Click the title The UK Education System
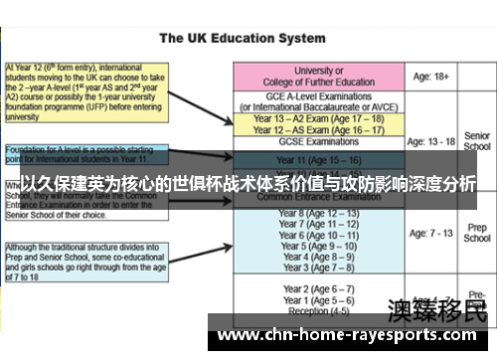click(x=248, y=39)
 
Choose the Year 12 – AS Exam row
click(x=320, y=129)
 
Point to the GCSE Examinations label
click(x=320, y=143)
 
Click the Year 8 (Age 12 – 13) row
click(x=320, y=213)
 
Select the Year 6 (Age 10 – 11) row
click(x=320, y=235)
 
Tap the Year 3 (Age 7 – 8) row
click(x=320, y=268)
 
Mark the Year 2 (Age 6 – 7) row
click(x=320, y=289)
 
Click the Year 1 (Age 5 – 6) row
click(x=320, y=300)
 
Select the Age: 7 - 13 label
click(x=433, y=234)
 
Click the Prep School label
click(x=477, y=233)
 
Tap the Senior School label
click(x=477, y=141)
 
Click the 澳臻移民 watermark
click(x=437, y=309)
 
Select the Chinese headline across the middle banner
click(x=248, y=185)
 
